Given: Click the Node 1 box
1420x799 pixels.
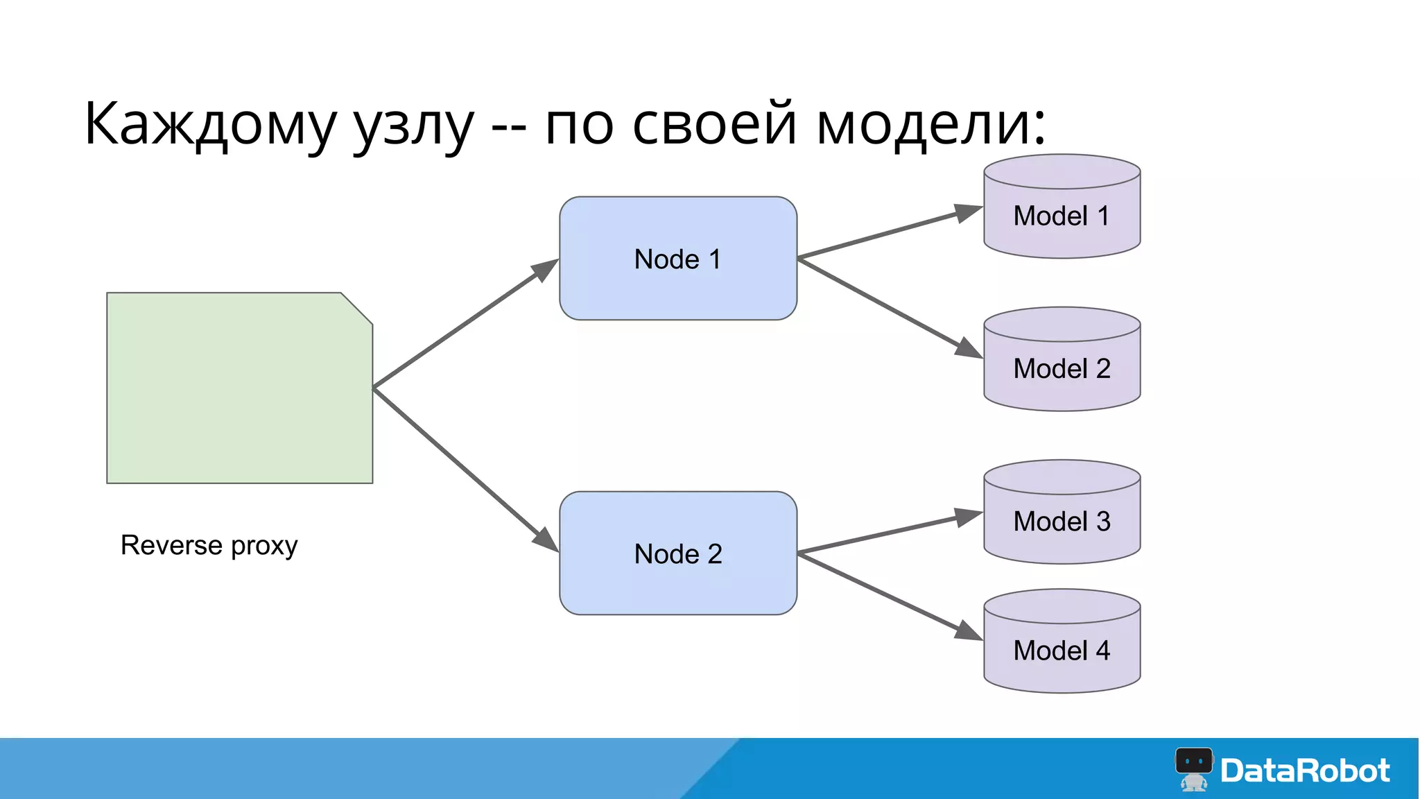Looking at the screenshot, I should [x=677, y=258].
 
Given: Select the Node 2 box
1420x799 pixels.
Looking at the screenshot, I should [x=677, y=553].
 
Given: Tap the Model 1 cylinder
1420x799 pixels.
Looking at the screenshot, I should [x=1062, y=216].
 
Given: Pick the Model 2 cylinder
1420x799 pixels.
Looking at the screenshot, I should [x=1062, y=368].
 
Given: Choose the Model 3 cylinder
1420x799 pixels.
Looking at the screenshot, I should [x=1062, y=521].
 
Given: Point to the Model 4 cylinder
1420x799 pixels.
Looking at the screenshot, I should [x=1062, y=650].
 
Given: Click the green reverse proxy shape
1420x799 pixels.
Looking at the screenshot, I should [x=239, y=388].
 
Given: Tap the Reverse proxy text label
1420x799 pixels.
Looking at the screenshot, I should [x=209, y=545].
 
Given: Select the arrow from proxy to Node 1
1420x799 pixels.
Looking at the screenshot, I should [x=465, y=323].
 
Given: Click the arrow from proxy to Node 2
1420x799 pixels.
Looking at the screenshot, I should [x=465, y=470].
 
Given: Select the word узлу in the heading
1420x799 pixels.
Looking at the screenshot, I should [x=414, y=125].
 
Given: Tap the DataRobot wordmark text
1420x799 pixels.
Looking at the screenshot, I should [x=1305, y=771].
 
